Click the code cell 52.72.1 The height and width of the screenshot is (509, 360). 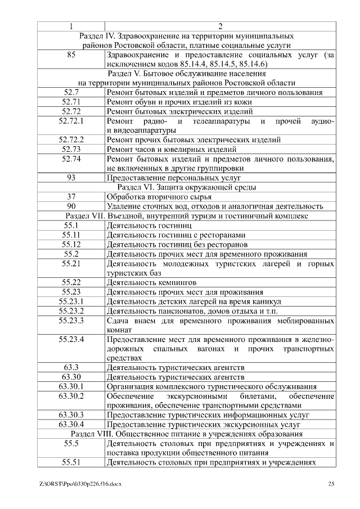pos(71,121)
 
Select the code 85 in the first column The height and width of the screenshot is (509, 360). pos(71,55)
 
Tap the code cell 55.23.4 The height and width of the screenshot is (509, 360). pos(71,339)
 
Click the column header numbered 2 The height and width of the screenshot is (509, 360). pos(220,26)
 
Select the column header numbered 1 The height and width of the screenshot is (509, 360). pos(71,26)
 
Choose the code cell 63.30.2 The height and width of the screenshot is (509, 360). pos(71,396)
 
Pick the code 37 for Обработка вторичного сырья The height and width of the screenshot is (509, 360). pos(71,196)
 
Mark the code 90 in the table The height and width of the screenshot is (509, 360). pos(71,206)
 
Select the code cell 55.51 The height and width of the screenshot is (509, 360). pos(71,462)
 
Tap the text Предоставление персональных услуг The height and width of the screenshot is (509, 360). pos(166,178)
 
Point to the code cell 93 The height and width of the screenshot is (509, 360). pos(71,178)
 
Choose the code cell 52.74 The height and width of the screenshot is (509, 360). pos(71,159)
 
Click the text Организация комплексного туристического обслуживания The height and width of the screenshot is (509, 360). pos(211,386)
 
